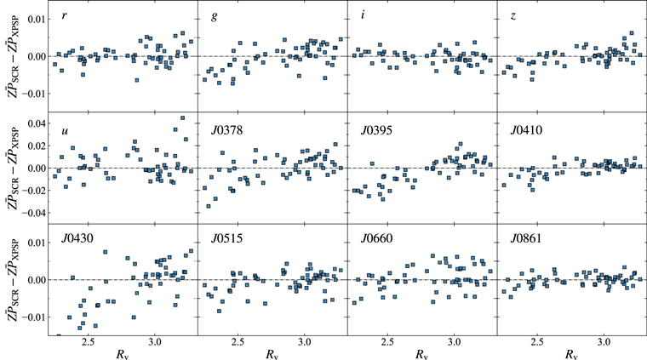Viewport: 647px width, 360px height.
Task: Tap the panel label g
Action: tap(214, 17)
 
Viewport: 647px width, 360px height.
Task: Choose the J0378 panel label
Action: tap(226, 129)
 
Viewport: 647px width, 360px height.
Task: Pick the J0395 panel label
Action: tap(376, 129)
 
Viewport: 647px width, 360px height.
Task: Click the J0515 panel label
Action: tap(226, 241)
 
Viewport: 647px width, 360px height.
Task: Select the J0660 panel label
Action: tap(376, 241)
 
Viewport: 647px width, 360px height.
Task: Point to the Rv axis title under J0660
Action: tap(420, 353)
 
